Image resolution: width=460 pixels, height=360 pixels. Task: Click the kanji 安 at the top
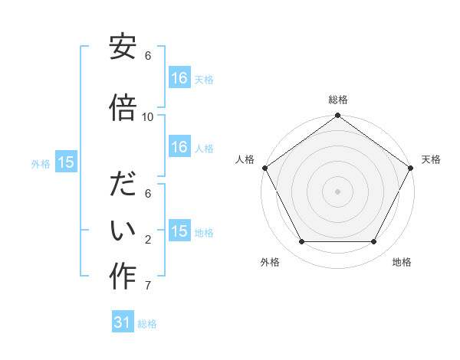[123, 47]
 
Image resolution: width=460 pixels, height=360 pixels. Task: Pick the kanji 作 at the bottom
[123, 277]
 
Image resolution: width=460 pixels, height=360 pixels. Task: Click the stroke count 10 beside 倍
[148, 116]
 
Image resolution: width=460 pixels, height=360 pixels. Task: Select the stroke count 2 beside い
[148, 240]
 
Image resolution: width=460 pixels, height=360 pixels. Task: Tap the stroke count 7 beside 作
[148, 286]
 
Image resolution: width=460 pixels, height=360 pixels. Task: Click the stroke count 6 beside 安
[148, 56]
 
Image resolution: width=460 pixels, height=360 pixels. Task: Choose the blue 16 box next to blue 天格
[179, 77]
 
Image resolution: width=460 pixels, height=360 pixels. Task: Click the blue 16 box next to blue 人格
[179, 147]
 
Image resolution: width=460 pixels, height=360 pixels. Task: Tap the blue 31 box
[123, 322]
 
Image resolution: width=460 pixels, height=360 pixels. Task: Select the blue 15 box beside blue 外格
[65, 162]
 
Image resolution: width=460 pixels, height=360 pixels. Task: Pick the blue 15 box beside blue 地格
[179, 231]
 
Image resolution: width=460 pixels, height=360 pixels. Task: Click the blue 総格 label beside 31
[147, 324]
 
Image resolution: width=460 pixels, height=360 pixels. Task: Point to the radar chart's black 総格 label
[337, 100]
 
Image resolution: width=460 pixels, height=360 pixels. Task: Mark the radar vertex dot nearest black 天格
[412, 167]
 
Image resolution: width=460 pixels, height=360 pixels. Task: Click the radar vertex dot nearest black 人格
[264, 167]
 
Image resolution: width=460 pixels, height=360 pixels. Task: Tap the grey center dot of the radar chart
[337, 191]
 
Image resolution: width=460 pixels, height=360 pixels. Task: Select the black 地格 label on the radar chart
[402, 262]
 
